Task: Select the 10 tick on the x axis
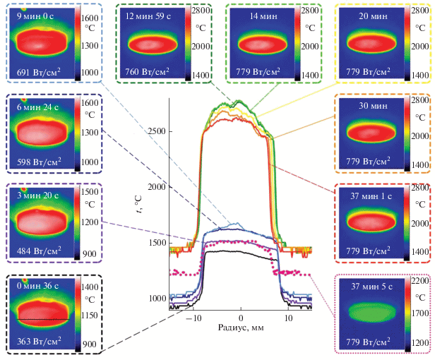point(288,318)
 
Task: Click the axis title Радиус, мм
point(242,329)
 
